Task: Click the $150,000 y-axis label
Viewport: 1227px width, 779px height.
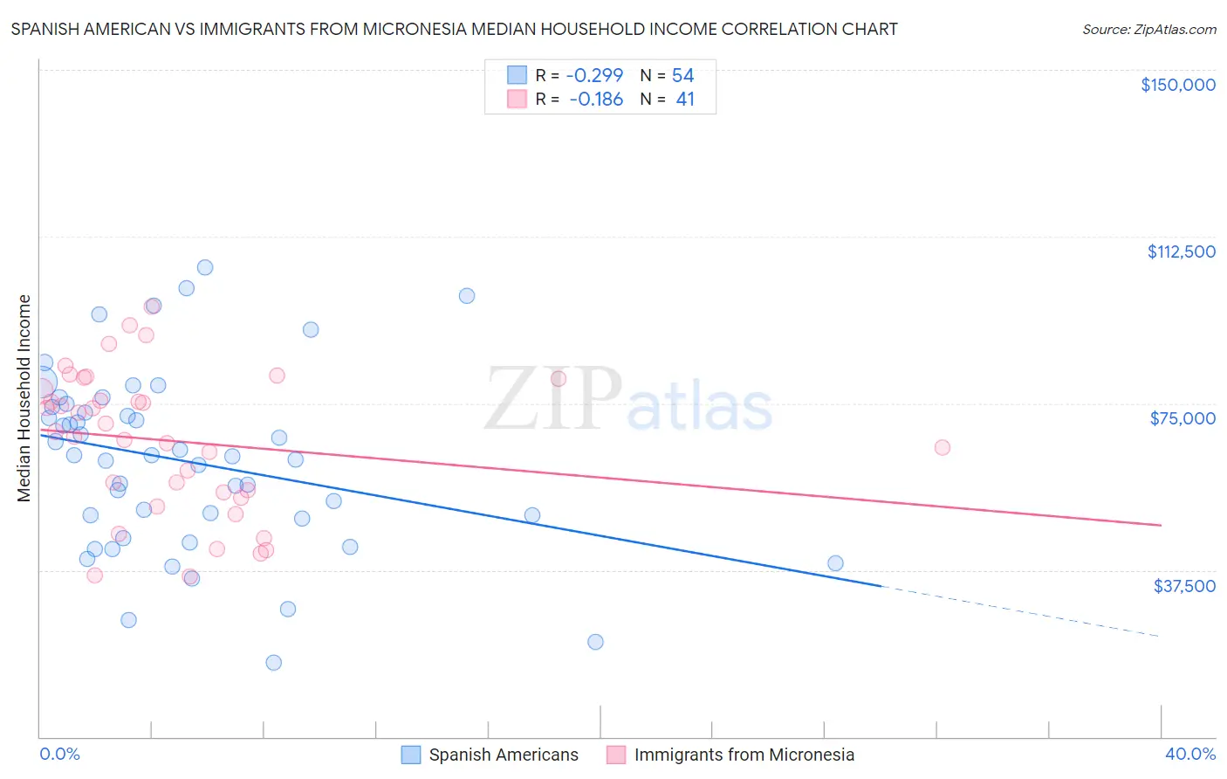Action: click(1177, 85)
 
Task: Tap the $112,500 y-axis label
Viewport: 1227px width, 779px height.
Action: click(1181, 252)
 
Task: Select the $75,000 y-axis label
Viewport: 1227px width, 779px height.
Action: click(1182, 418)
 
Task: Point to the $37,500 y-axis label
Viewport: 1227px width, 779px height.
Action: click(1183, 586)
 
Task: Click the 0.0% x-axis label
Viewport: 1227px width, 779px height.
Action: click(59, 754)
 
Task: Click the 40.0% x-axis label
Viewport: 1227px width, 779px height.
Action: click(1189, 754)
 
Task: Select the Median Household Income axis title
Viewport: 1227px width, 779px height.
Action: click(24, 398)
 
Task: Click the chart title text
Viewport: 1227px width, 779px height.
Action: click(454, 29)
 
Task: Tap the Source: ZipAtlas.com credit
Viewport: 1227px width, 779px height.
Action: click(1148, 29)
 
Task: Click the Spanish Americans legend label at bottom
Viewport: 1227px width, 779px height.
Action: click(503, 755)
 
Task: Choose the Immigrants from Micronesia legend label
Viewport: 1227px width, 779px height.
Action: click(744, 755)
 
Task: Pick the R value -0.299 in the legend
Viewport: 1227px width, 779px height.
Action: click(594, 76)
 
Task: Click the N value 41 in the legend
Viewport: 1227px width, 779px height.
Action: click(685, 100)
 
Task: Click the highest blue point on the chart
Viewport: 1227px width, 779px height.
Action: click(205, 267)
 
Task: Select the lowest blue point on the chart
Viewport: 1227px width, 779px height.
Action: click(273, 662)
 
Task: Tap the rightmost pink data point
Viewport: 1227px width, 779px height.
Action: click(942, 447)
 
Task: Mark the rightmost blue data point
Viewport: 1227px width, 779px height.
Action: click(835, 563)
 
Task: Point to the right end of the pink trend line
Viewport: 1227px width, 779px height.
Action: click(1160, 525)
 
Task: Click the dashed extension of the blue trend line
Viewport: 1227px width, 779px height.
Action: click(1021, 611)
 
